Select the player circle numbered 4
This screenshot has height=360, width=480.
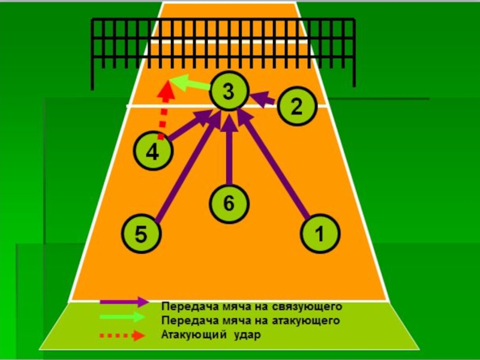pos(152,152)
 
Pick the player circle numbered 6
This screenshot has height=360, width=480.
pos(229,203)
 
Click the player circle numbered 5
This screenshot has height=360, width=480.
pos(140,235)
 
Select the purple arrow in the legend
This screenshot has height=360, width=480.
pos(124,301)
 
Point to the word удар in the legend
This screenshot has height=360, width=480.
pos(247,335)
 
